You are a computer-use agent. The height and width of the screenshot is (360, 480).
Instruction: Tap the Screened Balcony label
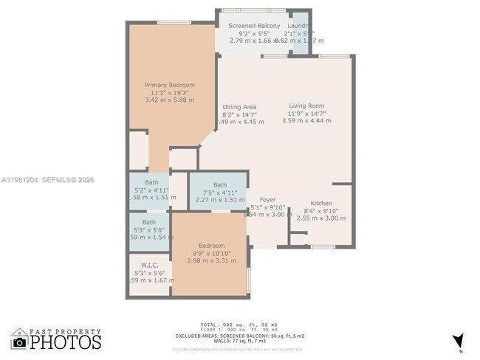pyautogui.click(x=254, y=27)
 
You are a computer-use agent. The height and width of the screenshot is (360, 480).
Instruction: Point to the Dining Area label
pyautogui.click(x=239, y=107)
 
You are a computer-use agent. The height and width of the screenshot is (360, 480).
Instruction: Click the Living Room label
pyautogui.click(x=306, y=106)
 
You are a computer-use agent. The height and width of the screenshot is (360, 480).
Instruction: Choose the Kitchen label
pyautogui.click(x=321, y=203)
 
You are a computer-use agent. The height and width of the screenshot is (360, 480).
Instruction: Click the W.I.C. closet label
pyautogui.click(x=149, y=266)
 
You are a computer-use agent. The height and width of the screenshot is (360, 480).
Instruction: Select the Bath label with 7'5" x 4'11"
pyautogui.click(x=220, y=185)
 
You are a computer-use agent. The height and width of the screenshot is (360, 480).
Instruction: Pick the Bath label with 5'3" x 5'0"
pyautogui.click(x=149, y=222)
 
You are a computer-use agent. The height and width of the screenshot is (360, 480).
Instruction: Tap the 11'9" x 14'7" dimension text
pyautogui.click(x=306, y=114)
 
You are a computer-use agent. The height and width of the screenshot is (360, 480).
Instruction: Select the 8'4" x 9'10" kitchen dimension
pyautogui.click(x=321, y=210)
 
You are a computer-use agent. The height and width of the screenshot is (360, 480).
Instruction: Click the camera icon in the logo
pyautogui.click(x=20, y=342)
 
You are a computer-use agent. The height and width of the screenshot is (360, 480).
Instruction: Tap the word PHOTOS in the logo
pyautogui.click(x=66, y=343)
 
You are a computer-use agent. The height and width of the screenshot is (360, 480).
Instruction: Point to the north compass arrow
pyautogui.click(x=459, y=340)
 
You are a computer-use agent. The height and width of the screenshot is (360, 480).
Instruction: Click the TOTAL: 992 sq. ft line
pyautogui.click(x=230, y=325)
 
